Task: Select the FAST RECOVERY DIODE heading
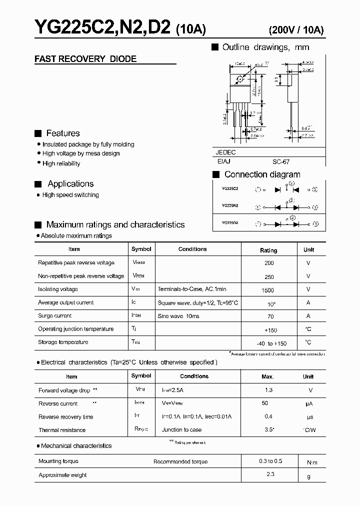pyautogui.click(x=85, y=59)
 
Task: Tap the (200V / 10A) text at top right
pyautogui.click(x=296, y=29)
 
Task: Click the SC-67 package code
pyautogui.click(x=281, y=162)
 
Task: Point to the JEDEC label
pyautogui.click(x=225, y=152)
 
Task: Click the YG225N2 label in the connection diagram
pyautogui.click(x=229, y=205)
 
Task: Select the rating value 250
pyautogui.click(x=268, y=277)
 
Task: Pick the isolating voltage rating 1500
pyautogui.click(x=268, y=290)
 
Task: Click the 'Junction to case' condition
pyautogui.click(x=181, y=430)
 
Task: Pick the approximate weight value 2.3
pyautogui.click(x=270, y=474)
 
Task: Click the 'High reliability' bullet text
pyautogui.click(x=61, y=163)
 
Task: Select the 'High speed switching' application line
pyautogui.click(x=70, y=195)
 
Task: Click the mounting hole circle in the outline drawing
pyautogui.click(x=240, y=79)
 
